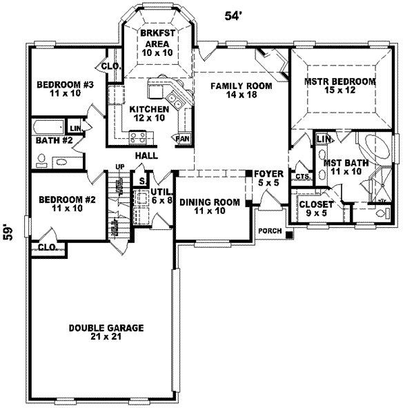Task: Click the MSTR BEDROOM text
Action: pos(339,86)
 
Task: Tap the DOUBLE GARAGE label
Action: pos(101,331)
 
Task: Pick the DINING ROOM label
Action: pos(210,206)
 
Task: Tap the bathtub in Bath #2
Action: pos(46,128)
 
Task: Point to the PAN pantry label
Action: pos(183,138)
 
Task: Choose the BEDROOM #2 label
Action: pos(61,204)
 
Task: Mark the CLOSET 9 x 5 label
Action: pos(316,209)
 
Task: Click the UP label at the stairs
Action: pos(119,166)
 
